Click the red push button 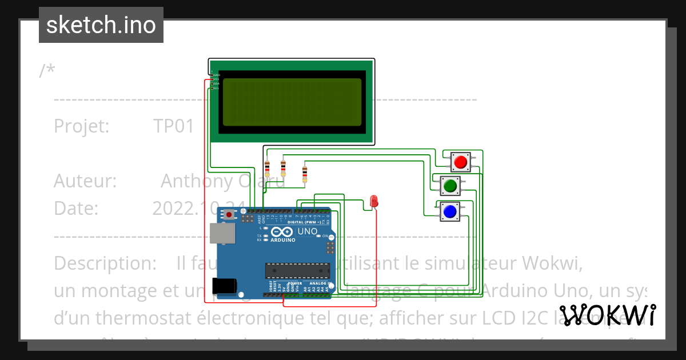[460, 162]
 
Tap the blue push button [450, 211]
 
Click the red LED [374, 201]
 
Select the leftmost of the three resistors [267, 168]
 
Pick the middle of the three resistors [283, 168]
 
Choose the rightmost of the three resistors [304, 173]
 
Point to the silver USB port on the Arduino [221, 234]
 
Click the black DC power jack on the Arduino [224, 285]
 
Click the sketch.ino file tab [101, 25]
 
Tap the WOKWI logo [608, 315]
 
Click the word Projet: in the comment [81, 126]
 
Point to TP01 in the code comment [174, 126]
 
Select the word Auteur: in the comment [85, 181]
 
